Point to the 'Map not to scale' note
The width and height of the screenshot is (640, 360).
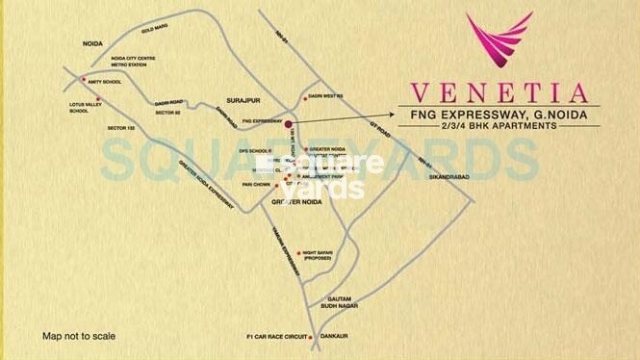[x=79, y=336]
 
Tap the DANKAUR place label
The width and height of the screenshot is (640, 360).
[x=333, y=337]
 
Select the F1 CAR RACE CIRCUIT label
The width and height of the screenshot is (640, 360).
[x=276, y=337]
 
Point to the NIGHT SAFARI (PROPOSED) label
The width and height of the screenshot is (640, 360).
[x=317, y=256]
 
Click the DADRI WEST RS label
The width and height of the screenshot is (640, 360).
[x=327, y=96]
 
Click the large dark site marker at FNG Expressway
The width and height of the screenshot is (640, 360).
[x=287, y=122]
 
